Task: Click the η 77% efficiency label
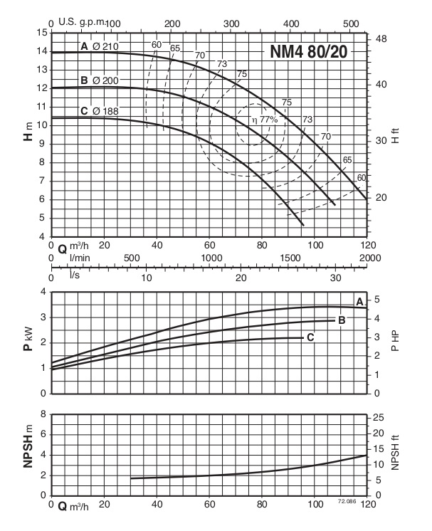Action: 263,120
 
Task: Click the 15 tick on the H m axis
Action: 42,32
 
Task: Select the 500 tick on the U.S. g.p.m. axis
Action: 350,24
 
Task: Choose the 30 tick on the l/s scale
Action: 334,278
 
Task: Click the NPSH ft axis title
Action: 396,455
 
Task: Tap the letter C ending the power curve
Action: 310,337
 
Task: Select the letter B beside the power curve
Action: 342,320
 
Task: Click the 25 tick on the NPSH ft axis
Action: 379,416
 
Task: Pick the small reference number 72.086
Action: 346,502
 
